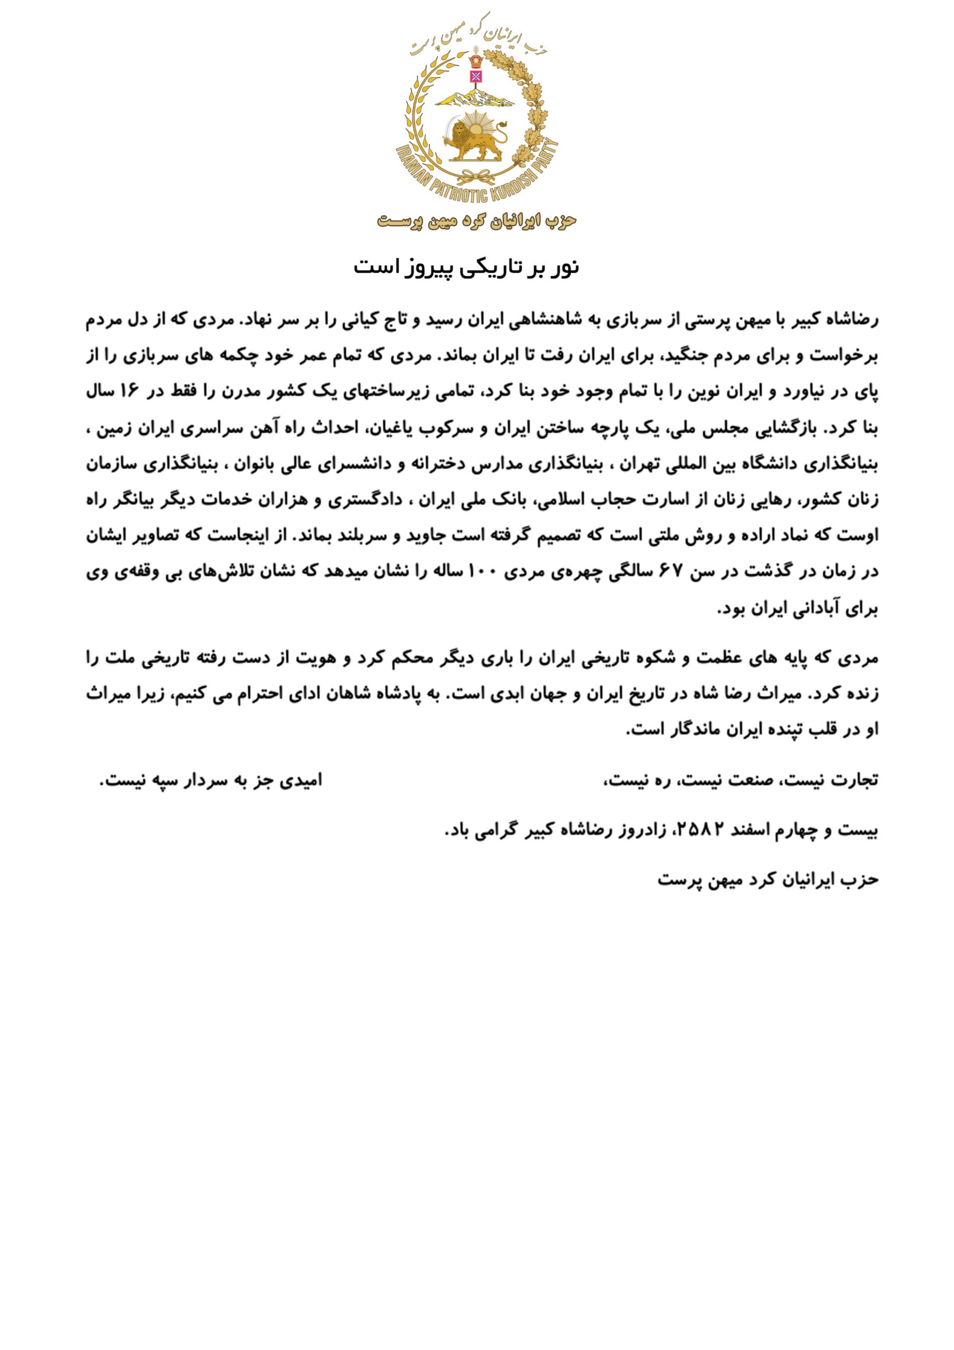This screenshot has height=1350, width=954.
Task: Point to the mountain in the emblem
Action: click(475, 97)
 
